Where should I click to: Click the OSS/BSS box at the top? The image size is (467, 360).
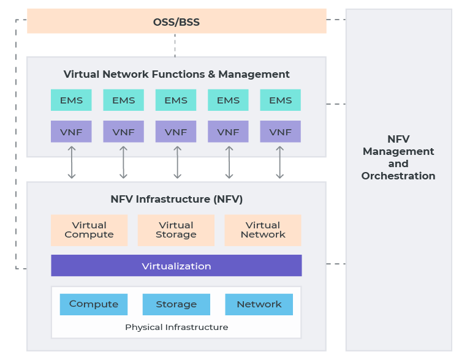177,22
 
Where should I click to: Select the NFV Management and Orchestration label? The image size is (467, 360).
398,158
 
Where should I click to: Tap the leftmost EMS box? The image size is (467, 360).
71,100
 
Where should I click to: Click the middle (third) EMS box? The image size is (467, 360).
176,100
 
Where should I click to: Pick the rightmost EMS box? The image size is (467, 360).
280,100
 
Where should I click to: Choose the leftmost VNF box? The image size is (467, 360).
71,132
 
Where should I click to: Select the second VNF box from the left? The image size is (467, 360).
123,132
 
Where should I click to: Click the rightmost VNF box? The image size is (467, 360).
280,132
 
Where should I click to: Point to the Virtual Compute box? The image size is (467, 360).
89,230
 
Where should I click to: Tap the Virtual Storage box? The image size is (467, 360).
176,230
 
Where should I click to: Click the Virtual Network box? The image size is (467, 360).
263,230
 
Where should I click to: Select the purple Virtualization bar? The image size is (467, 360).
177,266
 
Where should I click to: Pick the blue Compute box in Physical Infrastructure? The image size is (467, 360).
94,304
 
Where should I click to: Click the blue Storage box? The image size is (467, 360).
177,304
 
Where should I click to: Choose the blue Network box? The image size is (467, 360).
259,304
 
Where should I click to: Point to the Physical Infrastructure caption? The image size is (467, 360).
177,327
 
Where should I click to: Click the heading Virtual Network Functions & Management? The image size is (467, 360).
177,74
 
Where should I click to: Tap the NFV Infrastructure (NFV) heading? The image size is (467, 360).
177,199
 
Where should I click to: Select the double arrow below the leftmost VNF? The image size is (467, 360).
72,162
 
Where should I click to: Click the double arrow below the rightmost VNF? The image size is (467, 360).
279,162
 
